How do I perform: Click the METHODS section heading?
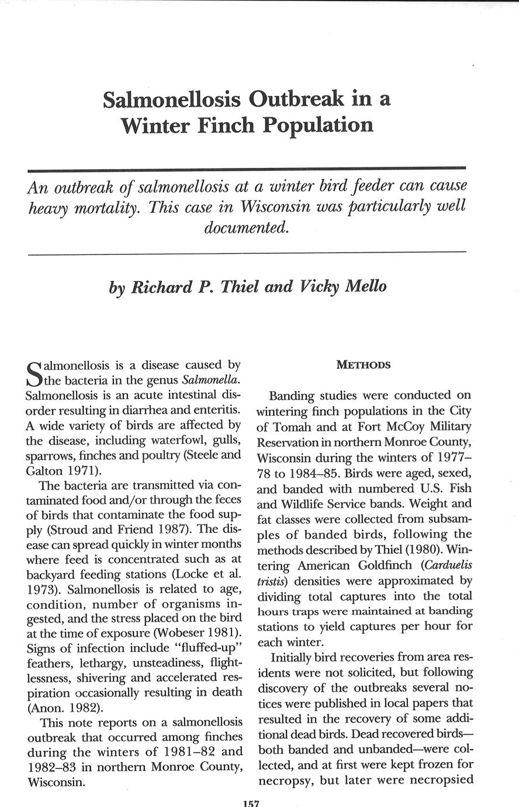point(364,365)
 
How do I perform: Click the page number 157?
point(251,803)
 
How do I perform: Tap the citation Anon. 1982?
point(64,708)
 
